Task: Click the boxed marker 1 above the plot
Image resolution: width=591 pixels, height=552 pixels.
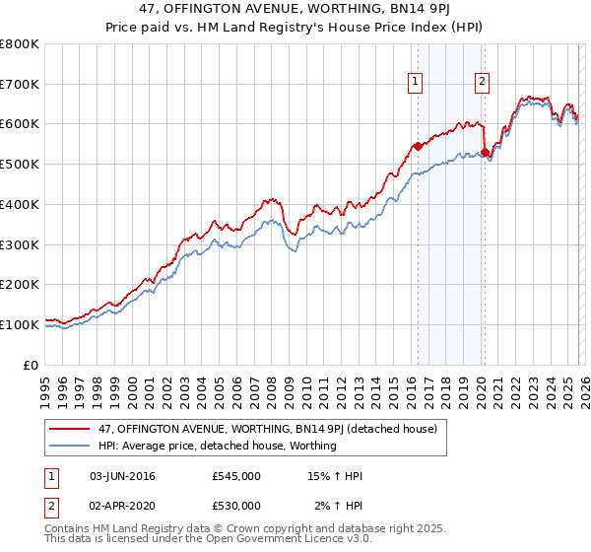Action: (415, 83)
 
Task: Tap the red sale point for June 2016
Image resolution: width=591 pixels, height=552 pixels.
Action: (418, 146)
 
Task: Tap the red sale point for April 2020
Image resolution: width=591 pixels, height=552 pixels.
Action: (485, 152)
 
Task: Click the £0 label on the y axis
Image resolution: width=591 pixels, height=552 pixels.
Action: (32, 364)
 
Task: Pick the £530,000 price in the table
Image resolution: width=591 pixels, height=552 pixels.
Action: (236, 506)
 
